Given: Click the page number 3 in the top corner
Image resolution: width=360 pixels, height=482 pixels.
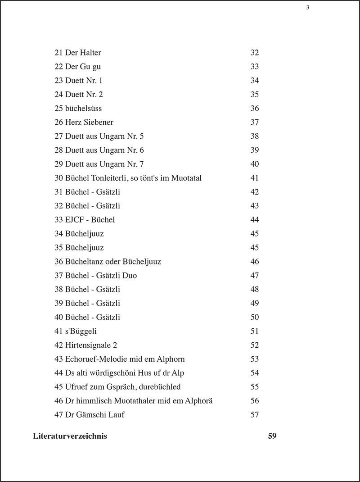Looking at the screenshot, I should pyautogui.click(x=307, y=7).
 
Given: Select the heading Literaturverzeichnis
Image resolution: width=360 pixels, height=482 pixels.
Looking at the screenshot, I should pyautogui.click(x=70, y=436).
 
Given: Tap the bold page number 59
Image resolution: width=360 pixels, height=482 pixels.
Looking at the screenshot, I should pyautogui.click(x=272, y=436).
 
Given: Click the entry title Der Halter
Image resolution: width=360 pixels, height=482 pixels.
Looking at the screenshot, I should pyautogui.click(x=83, y=53).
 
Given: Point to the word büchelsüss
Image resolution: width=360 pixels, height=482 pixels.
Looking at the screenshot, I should pyautogui.click(x=84, y=109).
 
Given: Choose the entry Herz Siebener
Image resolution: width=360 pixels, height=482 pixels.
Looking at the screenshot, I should pyautogui.click(x=89, y=123).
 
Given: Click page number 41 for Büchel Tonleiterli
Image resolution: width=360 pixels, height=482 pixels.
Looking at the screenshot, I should pyautogui.click(x=255, y=178).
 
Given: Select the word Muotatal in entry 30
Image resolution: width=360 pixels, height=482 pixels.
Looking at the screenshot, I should pyautogui.click(x=186, y=178).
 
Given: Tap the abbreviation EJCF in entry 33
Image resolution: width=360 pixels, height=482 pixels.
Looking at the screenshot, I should pyautogui.click(x=75, y=220).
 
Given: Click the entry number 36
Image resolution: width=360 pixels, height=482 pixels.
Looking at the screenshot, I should pyautogui.click(x=58, y=262).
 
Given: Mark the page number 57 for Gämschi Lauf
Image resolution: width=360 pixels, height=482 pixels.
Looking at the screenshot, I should pyautogui.click(x=255, y=415).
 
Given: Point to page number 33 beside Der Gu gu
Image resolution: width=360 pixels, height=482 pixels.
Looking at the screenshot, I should pyautogui.click(x=255, y=67).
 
